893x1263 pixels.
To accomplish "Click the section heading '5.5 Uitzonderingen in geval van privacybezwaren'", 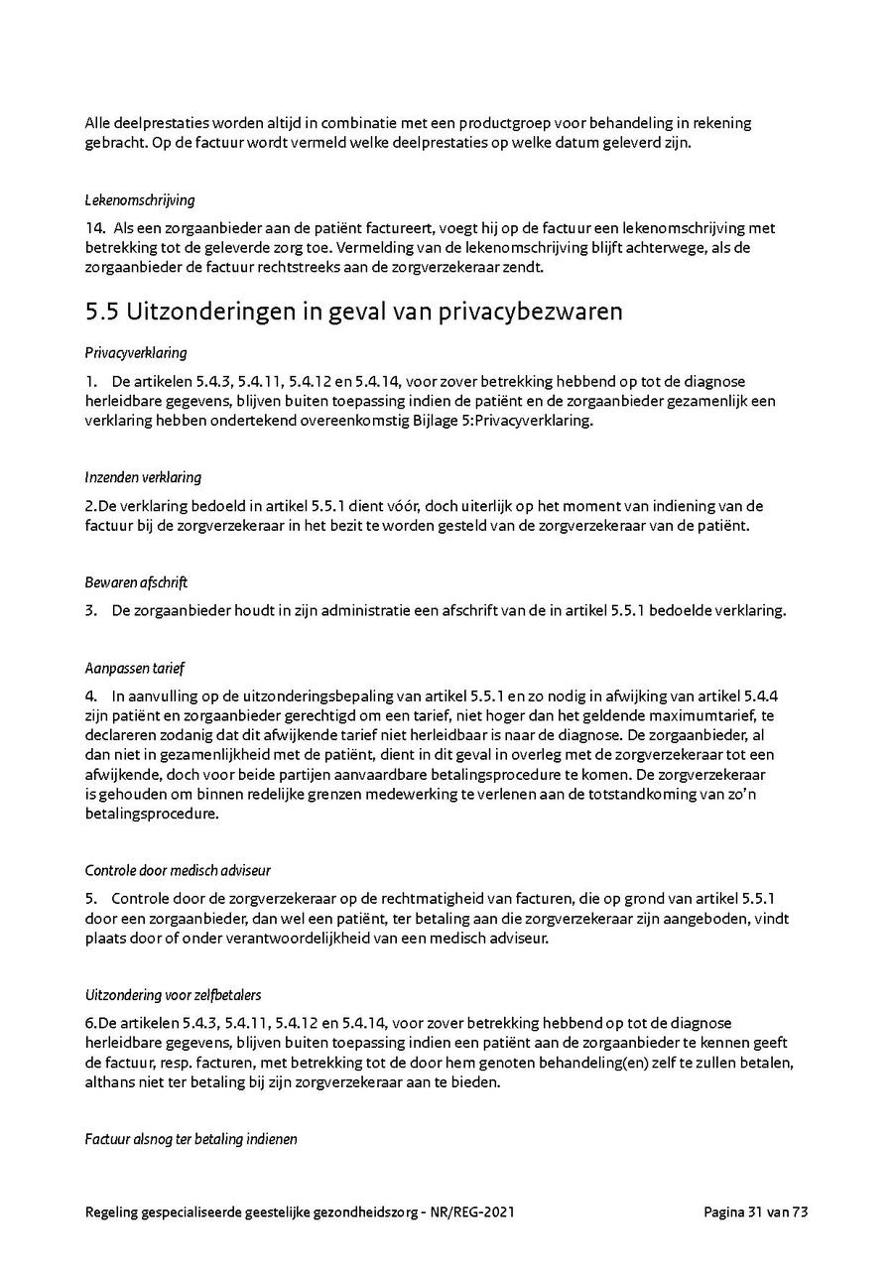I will click(354, 312).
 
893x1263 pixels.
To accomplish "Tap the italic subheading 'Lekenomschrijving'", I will click(139, 200).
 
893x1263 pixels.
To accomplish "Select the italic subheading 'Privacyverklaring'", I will click(136, 353).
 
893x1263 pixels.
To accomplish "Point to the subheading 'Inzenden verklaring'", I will click(143, 477).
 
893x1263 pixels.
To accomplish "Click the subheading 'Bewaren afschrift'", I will click(136, 582).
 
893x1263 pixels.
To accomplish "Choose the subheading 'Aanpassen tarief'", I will click(135, 668).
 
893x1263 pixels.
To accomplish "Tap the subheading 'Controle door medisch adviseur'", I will click(177, 871).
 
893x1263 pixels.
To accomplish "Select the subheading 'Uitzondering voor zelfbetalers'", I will click(174, 995).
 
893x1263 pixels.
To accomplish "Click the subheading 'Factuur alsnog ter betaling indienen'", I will click(191, 1140).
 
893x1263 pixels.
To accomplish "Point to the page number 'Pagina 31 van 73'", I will click(756, 1211).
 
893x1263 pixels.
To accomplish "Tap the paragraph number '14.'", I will click(96, 228).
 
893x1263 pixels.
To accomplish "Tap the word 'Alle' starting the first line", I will click(98, 123).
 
